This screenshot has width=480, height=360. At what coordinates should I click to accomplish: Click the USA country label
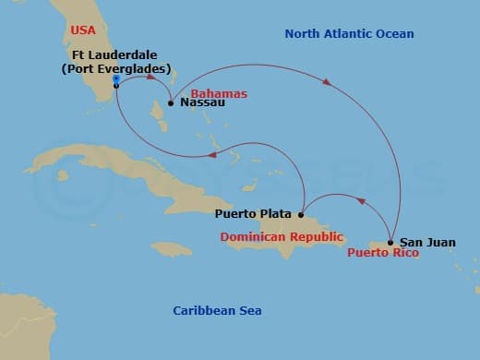[84, 30]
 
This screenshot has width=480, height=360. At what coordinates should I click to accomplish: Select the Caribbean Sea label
[218, 310]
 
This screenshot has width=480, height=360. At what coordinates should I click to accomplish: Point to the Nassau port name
[202, 103]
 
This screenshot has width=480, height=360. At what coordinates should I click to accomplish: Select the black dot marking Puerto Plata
[301, 214]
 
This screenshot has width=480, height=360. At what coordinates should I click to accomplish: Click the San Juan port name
[429, 242]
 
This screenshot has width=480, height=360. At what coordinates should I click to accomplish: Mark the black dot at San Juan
[391, 243]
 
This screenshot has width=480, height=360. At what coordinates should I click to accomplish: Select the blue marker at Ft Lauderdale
[115, 79]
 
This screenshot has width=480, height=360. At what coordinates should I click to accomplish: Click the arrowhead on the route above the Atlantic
[326, 83]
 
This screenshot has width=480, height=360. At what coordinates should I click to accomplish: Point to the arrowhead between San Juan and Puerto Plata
[360, 201]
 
